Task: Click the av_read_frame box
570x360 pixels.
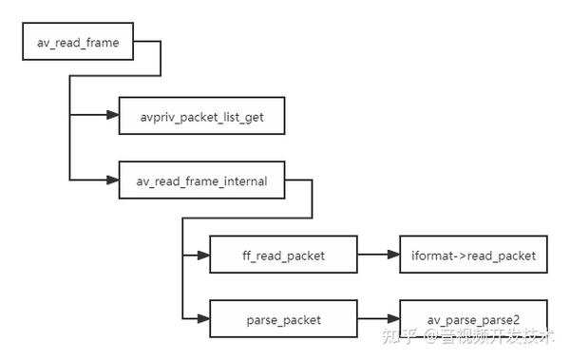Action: [x=78, y=44]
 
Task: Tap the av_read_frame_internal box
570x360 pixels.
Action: [x=200, y=180]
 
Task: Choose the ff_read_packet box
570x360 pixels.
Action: [x=282, y=256]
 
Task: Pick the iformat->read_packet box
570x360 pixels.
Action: [x=474, y=256]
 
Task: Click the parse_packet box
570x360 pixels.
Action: [x=282, y=320]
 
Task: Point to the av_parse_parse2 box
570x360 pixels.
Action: [x=474, y=320]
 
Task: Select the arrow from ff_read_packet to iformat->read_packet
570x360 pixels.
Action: [x=377, y=256]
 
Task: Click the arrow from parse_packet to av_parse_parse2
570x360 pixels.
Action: [x=377, y=320]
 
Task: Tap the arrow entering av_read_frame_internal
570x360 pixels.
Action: [x=95, y=180]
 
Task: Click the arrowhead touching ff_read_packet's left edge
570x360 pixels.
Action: [x=203, y=256]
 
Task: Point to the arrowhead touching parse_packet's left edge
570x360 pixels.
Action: [x=203, y=320]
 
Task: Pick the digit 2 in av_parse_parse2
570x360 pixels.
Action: [x=517, y=320]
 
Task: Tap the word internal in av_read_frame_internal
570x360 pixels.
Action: [x=243, y=180]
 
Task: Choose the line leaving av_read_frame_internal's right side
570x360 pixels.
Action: [x=299, y=180]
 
